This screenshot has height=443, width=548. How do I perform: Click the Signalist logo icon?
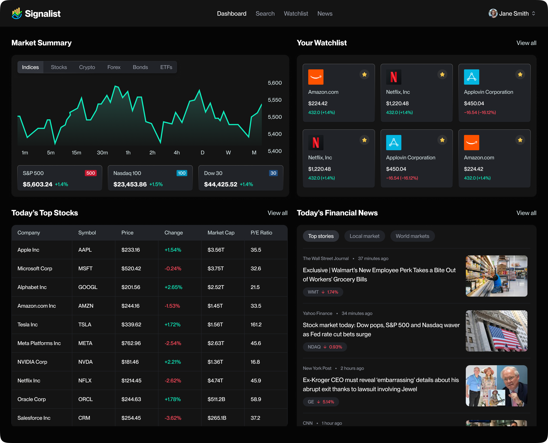[x=17, y=13]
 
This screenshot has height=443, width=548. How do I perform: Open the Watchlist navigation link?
[x=296, y=14]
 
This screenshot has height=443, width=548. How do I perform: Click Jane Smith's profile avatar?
[x=493, y=14]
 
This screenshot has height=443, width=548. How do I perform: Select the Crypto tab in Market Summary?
[x=87, y=67]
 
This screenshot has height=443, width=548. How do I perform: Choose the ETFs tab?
[x=166, y=67]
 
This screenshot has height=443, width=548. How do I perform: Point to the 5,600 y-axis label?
[x=274, y=83]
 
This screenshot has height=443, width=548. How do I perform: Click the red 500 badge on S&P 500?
[x=90, y=173]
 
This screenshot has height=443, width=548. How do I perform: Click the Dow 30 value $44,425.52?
[x=220, y=184]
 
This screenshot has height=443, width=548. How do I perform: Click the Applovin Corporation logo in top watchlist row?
[x=471, y=77]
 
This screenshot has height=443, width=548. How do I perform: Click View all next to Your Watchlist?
[x=526, y=43]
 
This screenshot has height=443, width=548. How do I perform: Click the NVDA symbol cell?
[x=85, y=362]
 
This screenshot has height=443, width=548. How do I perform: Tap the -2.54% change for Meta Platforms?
[x=173, y=343]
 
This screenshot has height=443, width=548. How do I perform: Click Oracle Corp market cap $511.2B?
[x=216, y=399]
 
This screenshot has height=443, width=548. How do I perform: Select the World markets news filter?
[x=412, y=236]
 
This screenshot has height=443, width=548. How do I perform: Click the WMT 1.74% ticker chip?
[x=323, y=292]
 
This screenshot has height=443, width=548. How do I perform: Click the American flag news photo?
[x=496, y=331]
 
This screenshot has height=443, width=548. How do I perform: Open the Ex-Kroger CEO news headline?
[x=381, y=384]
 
